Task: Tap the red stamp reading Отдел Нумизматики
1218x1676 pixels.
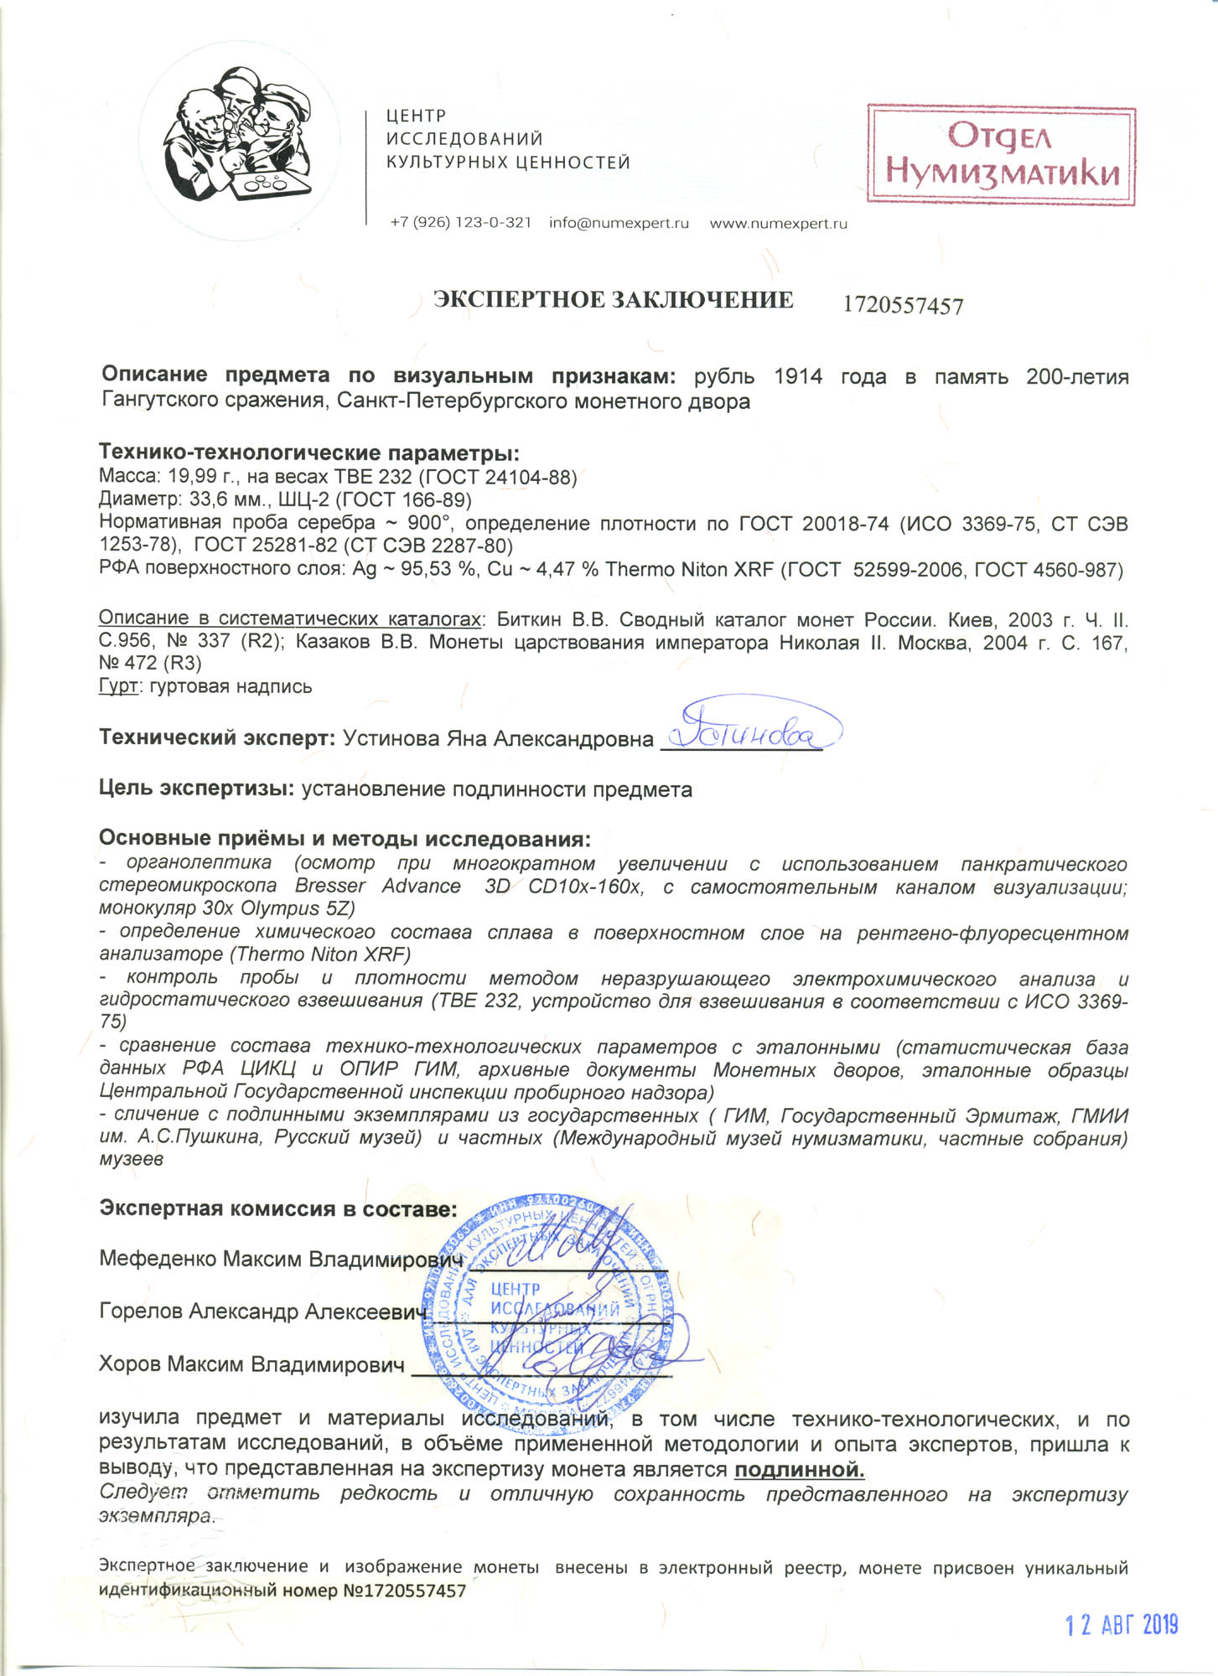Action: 1001,155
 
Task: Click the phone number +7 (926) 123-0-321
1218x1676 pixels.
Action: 460,223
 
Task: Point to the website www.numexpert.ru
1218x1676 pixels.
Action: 778,223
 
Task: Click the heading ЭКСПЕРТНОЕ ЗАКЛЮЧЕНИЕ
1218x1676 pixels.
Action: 613,300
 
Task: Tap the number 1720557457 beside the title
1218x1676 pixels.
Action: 903,306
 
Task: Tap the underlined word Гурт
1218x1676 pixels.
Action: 117,686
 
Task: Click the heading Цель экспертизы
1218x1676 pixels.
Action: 196,789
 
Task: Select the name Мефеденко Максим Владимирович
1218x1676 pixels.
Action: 281,1260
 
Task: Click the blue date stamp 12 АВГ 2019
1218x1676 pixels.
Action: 1122,1626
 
